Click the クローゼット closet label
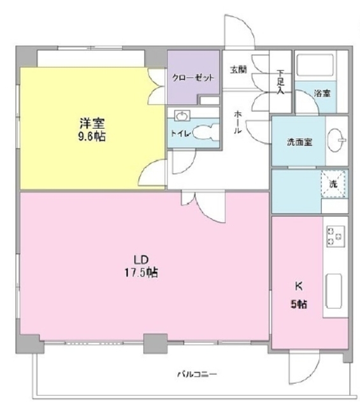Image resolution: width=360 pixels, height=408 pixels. [x=192, y=78]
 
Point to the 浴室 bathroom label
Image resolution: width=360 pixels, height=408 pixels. [x=322, y=94]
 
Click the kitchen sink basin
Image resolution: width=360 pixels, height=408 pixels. [x=334, y=291]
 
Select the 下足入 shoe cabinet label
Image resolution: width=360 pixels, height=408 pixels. [x=280, y=81]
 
